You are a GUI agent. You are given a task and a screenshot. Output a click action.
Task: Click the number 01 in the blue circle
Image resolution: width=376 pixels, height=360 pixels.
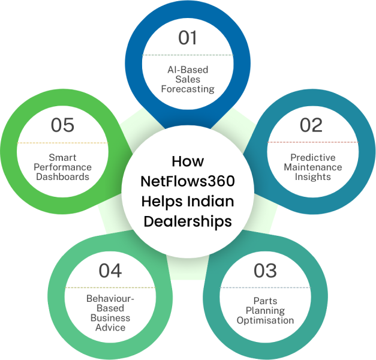188,38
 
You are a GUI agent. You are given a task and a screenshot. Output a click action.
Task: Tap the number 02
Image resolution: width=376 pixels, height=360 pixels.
311,125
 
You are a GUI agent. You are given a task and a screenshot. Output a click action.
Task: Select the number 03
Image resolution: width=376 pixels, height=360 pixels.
265,271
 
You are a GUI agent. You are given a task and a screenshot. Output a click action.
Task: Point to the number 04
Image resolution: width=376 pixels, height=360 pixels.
110,271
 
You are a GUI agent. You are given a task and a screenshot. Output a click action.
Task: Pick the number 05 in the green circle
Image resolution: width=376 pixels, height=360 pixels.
62,125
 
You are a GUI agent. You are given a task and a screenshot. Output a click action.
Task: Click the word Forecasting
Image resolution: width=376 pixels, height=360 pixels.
188,89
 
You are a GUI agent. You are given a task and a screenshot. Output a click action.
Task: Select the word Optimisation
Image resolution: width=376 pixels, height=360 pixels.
265,320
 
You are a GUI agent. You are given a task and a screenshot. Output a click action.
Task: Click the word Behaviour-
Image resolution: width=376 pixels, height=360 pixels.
110,298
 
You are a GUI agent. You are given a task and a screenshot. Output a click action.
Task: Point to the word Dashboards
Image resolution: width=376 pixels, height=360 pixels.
62,176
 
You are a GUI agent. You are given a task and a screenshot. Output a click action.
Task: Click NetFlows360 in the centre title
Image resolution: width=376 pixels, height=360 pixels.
188,181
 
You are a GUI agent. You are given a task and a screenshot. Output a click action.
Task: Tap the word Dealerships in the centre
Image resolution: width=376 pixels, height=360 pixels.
188,221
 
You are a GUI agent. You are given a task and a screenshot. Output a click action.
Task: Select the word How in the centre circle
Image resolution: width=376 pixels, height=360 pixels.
188,161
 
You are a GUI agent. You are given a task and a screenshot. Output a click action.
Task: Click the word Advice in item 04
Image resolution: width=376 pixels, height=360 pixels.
110,327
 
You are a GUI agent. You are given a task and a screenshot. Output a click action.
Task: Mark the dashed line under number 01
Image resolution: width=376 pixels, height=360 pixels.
188,55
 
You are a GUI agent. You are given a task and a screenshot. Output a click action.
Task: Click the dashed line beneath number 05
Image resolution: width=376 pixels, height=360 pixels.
62,143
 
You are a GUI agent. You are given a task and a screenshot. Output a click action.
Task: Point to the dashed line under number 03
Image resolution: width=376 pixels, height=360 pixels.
265,288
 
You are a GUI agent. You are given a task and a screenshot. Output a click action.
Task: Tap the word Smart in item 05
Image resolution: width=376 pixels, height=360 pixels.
62,158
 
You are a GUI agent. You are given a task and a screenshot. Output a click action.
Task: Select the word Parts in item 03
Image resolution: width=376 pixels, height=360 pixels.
265,302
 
